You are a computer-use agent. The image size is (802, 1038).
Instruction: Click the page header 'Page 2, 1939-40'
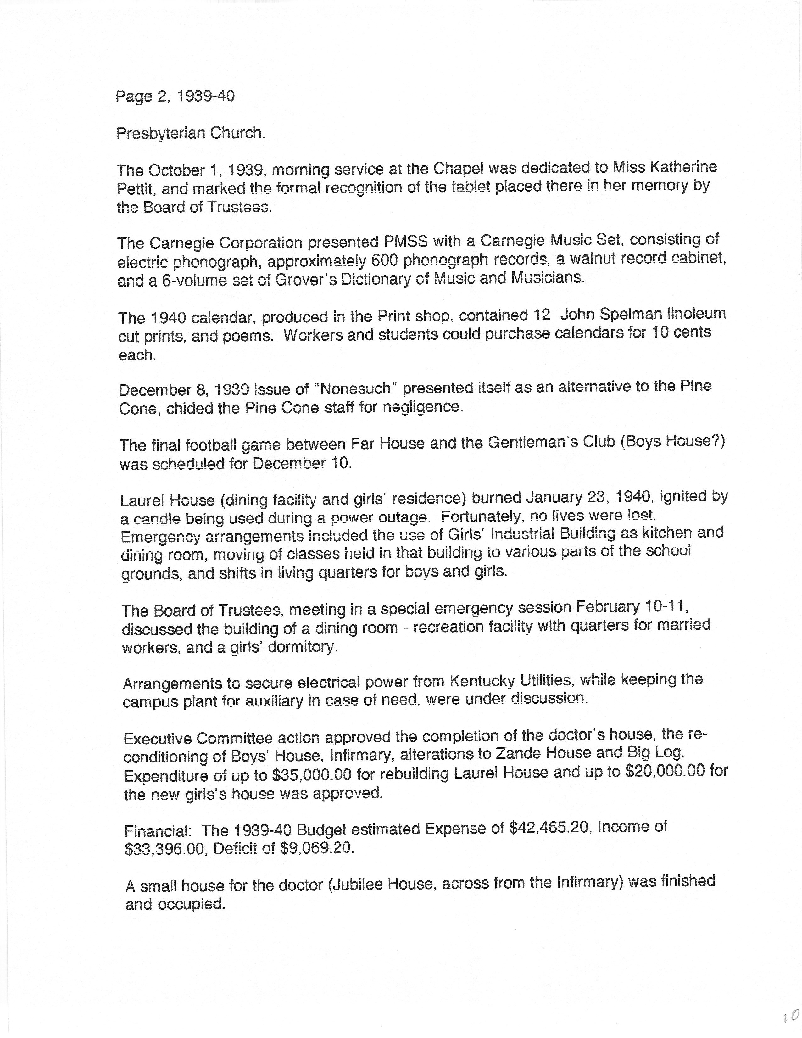pos(175,97)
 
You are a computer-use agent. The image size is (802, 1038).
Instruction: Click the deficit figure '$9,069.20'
pos(317,849)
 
